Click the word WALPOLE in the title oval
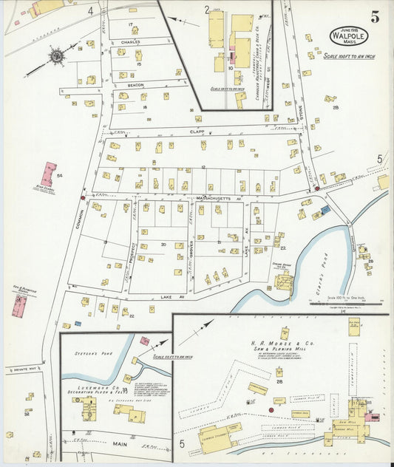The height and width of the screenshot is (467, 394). pyautogui.click(x=347, y=34)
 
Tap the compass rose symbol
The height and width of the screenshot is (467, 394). pyautogui.click(x=55, y=55)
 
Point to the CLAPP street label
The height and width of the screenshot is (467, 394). pyautogui.click(x=196, y=132)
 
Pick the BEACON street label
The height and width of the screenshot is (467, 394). pyautogui.click(x=135, y=85)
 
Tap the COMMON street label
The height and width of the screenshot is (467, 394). pyautogui.click(x=79, y=214)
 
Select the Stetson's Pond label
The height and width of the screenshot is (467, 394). pyautogui.click(x=93, y=354)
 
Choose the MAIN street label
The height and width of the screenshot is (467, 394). pyautogui.click(x=118, y=445)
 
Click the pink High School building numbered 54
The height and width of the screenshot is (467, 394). pyautogui.click(x=49, y=174)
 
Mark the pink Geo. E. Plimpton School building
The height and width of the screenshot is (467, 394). pyautogui.click(x=20, y=304)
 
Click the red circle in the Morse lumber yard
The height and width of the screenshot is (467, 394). pyautogui.click(x=271, y=409)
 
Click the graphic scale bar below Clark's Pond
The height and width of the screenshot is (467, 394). pyautogui.click(x=340, y=302)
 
